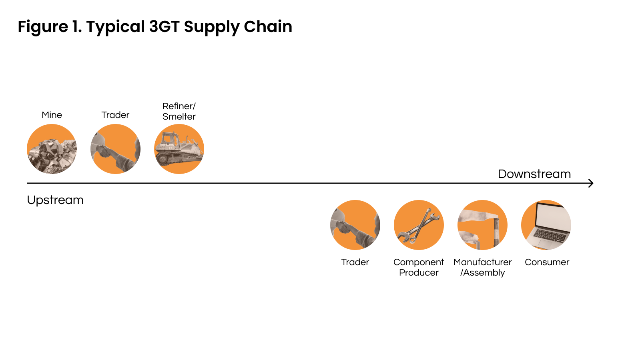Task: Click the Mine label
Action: [x=52, y=115]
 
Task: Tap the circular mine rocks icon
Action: [x=52, y=149]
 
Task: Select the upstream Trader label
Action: [x=115, y=115]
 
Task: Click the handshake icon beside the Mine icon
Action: [x=115, y=149]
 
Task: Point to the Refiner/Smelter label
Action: [x=179, y=111]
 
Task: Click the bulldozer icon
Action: [x=179, y=149]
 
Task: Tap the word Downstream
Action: [x=534, y=174]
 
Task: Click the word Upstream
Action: [x=55, y=200]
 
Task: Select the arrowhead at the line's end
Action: [x=591, y=183]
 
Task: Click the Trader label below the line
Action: [x=355, y=262]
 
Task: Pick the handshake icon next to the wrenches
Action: [x=355, y=225]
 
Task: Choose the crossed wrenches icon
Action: [x=419, y=225]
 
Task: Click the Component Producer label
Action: [x=419, y=267]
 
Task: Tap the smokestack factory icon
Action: [x=482, y=225]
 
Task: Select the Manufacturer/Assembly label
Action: [x=482, y=267]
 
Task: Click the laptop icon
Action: [x=546, y=225]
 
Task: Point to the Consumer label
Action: [x=547, y=262]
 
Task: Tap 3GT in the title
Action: [x=164, y=27]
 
